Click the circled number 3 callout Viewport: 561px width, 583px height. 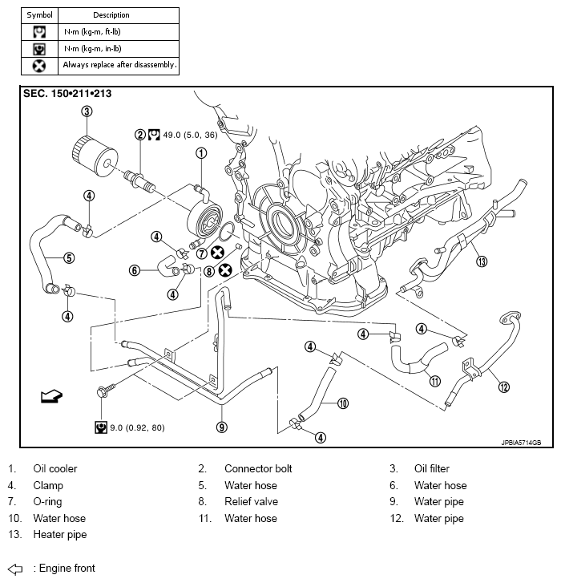click(87, 111)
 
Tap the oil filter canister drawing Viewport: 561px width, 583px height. click(95, 156)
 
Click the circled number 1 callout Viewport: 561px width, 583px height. click(201, 153)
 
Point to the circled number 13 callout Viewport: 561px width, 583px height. click(482, 261)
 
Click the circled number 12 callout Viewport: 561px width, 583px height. click(503, 387)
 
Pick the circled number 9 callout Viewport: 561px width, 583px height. click(222, 427)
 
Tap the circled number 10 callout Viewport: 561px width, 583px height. click(343, 403)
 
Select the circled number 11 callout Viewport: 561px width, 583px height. click(434, 381)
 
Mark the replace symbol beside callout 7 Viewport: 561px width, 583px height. click(217, 253)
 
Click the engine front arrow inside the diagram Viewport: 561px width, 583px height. click(51, 396)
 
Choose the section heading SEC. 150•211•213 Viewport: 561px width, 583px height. click(67, 93)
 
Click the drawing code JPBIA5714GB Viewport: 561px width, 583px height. click(521, 443)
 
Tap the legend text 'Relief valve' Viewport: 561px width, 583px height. click(251, 501)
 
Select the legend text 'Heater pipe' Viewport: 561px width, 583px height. click(60, 535)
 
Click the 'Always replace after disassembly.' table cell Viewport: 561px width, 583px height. click(119, 66)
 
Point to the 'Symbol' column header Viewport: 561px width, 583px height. click(39, 15)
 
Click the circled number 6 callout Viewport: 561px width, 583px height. click(135, 270)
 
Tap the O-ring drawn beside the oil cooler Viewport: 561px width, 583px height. click(227, 232)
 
